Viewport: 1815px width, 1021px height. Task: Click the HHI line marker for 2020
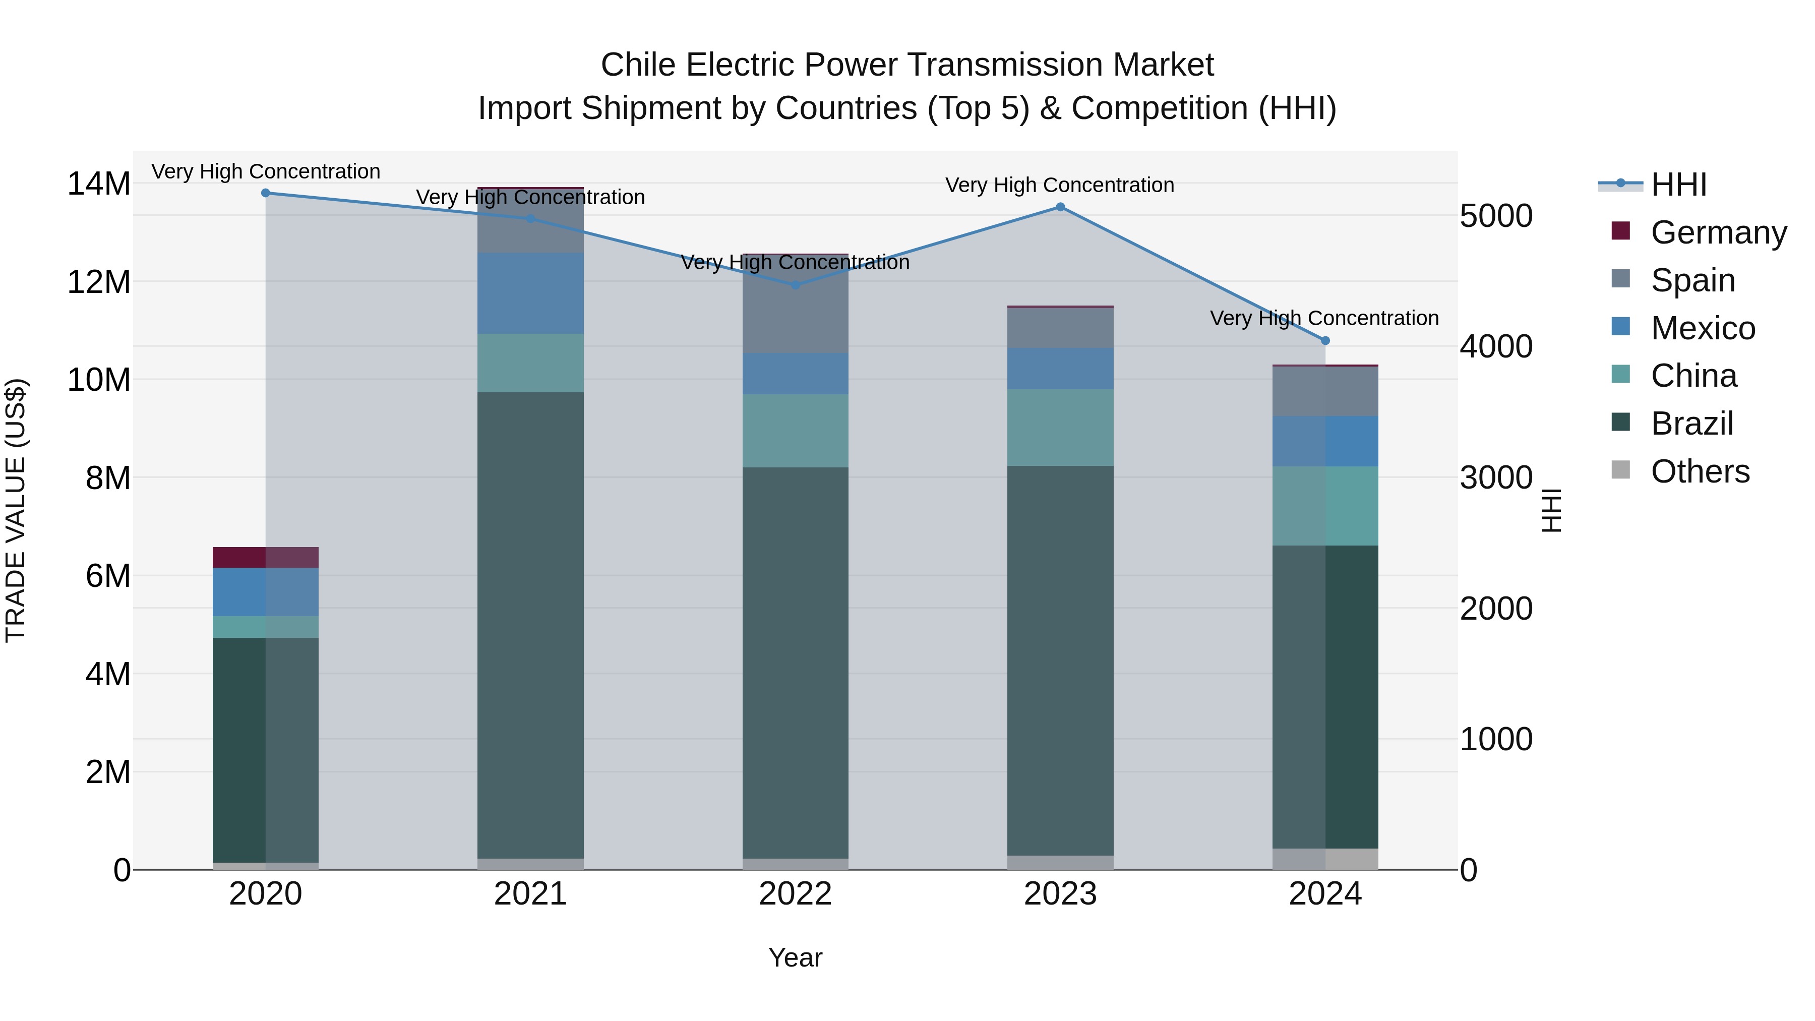[x=266, y=193]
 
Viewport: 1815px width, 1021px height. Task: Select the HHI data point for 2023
[x=1060, y=207]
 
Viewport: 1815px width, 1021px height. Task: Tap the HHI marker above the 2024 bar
[x=1325, y=341]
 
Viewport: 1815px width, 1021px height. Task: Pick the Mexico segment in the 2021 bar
[x=530, y=293]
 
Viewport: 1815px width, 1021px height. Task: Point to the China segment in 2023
[x=1060, y=428]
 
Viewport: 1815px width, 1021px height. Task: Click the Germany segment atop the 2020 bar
[x=266, y=557]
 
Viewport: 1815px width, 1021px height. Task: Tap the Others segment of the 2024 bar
[x=1325, y=859]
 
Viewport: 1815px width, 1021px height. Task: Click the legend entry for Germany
[x=1718, y=232]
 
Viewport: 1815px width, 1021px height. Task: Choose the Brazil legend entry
[x=1691, y=424]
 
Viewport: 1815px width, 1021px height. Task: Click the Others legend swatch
[x=1620, y=470]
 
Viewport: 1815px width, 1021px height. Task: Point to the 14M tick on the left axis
[x=99, y=184]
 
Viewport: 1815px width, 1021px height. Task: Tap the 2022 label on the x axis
[x=796, y=894]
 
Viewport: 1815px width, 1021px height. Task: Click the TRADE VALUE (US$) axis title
[x=16, y=510]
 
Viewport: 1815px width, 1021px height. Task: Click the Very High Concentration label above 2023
[x=1060, y=186]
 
